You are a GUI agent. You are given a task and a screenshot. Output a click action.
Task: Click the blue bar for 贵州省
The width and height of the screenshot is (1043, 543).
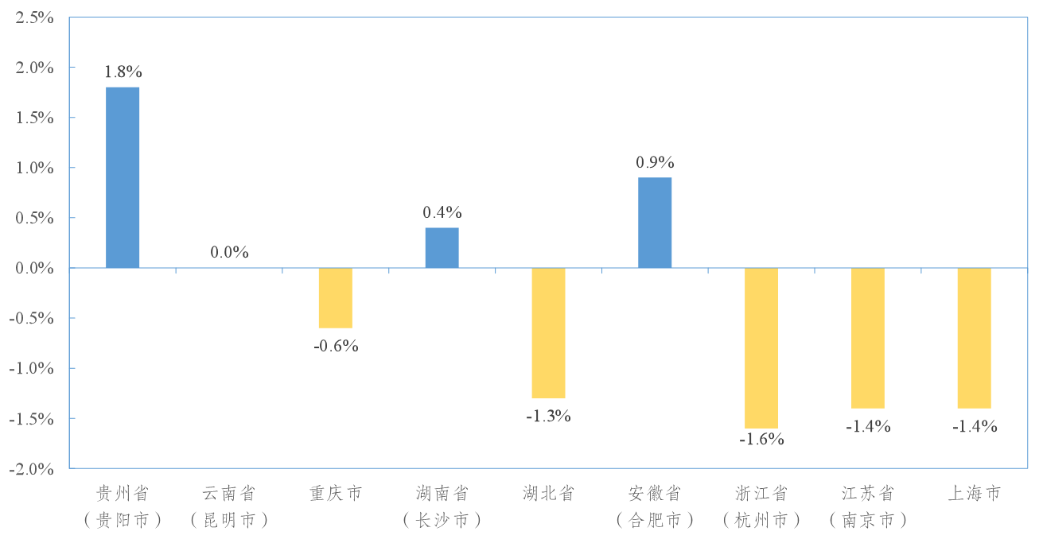(x=123, y=177)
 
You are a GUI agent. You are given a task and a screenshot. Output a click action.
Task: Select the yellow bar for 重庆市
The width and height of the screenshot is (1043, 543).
(x=335, y=298)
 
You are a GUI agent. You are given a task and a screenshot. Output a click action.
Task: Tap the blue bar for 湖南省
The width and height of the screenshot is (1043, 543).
(x=442, y=248)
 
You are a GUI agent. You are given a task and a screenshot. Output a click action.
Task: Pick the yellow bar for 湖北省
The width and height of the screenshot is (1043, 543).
(x=548, y=333)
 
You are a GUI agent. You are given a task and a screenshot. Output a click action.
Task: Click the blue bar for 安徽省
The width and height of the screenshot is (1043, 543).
(x=655, y=223)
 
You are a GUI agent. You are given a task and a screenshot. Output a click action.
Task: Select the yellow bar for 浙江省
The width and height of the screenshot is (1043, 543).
(x=761, y=348)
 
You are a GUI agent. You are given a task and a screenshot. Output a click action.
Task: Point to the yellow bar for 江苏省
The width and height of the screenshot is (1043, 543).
(x=868, y=338)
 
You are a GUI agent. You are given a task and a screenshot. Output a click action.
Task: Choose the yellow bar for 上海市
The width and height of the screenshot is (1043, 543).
(x=974, y=338)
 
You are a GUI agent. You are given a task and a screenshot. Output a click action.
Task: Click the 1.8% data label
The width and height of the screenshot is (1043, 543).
(x=123, y=72)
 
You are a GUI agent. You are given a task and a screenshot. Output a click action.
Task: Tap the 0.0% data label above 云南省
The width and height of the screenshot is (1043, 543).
(x=229, y=253)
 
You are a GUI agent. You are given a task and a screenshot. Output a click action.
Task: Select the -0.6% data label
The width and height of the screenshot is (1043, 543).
(x=335, y=346)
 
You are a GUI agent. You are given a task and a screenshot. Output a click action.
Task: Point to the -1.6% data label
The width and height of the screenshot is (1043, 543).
(x=761, y=439)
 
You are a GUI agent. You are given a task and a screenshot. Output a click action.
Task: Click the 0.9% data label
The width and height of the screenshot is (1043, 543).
(x=655, y=163)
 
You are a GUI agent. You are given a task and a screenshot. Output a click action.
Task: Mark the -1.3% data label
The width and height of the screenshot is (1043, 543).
(x=548, y=416)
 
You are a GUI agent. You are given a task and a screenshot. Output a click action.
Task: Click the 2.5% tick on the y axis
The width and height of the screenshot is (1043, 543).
(x=34, y=17)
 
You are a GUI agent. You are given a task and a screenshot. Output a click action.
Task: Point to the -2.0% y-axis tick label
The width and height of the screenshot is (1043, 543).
(x=31, y=468)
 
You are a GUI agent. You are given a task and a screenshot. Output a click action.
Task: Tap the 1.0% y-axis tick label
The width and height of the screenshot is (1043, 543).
(x=34, y=168)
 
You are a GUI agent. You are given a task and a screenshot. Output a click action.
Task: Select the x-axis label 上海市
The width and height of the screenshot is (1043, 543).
(x=974, y=494)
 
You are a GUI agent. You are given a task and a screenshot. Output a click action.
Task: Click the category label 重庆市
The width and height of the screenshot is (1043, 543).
(x=335, y=494)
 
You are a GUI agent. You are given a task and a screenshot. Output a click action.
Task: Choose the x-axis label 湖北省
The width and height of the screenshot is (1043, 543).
(x=548, y=494)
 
